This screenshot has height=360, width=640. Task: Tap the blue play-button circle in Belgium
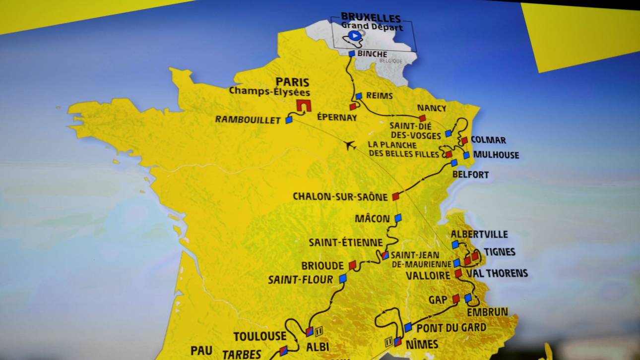pos(353,35)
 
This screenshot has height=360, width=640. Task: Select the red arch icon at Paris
pos(303,105)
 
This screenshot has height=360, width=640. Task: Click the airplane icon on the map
pos(350,145)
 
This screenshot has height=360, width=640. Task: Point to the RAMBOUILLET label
pos(248,120)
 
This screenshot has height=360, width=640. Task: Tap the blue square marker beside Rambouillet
pos(289,120)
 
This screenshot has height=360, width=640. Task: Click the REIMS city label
pos(381,96)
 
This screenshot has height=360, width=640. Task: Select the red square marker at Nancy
pos(422,118)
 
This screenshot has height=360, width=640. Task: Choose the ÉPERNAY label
pos(337,118)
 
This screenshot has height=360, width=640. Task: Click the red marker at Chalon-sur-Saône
pos(395,196)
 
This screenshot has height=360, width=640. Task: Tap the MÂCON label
pos(372,219)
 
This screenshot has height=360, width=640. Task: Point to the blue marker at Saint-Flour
pos(342,279)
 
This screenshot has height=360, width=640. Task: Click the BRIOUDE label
pos(322,266)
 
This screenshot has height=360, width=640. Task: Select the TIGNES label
pos(499,252)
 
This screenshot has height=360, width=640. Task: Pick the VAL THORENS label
pos(500,273)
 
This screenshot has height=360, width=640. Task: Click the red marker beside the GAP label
pos(455,299)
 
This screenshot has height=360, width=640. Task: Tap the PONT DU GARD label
pos(451,328)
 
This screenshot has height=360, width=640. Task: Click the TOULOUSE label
pos(259,336)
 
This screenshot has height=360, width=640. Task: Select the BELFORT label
pos(470,175)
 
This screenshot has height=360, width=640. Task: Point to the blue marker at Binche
pos(351,54)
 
